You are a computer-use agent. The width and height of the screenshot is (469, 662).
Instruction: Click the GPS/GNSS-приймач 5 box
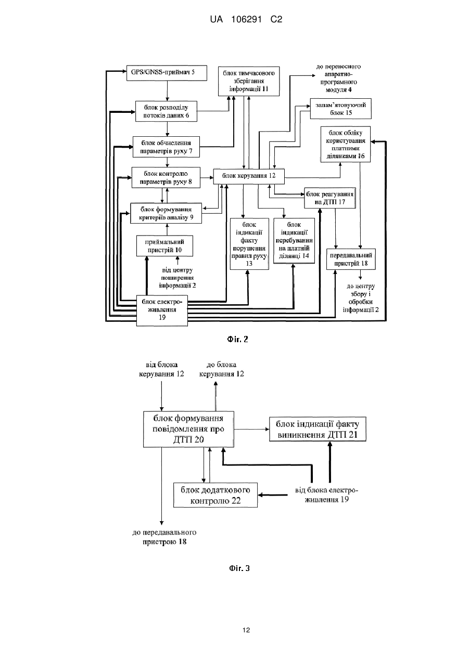tap(167, 73)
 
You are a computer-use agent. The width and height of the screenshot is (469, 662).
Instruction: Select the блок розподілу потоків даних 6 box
tap(166, 111)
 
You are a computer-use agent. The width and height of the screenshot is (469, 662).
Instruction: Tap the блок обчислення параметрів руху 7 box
tap(166, 147)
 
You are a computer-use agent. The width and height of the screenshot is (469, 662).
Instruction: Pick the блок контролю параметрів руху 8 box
tap(166, 178)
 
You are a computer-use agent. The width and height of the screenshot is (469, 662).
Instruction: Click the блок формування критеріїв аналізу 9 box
tap(166, 213)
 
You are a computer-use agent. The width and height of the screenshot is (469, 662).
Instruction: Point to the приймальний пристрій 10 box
tap(164, 246)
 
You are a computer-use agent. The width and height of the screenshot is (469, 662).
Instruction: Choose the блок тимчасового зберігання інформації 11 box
tap(249, 81)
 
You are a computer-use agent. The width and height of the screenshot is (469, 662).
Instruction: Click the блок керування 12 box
tap(249, 176)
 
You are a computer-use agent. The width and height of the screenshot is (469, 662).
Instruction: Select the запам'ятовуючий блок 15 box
tap(340, 109)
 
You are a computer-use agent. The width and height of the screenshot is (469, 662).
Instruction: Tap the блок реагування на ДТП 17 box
tap(330, 198)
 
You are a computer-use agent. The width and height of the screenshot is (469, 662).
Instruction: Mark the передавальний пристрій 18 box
tap(351, 259)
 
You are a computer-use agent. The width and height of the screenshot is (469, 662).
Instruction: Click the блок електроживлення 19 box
tap(162, 310)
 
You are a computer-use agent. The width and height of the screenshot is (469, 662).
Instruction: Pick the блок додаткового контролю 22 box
tap(216, 495)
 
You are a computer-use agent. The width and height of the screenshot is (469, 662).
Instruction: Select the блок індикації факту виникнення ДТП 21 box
tap(318, 429)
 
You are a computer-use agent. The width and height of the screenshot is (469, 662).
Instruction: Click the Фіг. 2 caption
tap(237, 339)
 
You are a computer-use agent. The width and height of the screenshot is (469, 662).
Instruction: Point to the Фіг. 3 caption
tap(239, 568)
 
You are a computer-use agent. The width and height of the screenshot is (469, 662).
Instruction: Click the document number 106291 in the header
tap(246, 20)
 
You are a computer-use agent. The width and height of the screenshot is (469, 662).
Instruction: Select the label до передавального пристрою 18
tap(164, 537)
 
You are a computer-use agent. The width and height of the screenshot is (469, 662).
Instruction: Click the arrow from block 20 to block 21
tap(251, 429)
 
